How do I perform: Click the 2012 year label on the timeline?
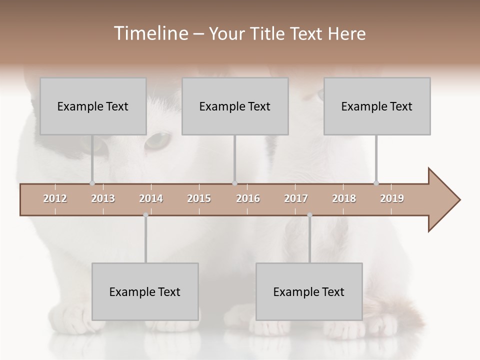55,198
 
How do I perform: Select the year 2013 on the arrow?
103,198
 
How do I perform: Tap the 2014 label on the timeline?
151,198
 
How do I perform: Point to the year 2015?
199,198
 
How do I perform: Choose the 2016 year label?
248,198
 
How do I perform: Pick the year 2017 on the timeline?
296,198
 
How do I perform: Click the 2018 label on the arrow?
344,198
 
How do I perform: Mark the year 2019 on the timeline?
392,198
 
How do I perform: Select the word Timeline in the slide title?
150,33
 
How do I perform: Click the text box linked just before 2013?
93,106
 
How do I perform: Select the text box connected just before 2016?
235,106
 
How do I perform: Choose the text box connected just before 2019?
377,106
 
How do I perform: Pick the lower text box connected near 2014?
145,291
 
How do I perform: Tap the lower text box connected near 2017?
309,291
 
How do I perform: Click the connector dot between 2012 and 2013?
92,183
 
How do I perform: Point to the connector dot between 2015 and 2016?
235,183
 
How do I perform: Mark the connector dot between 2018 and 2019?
376,183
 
